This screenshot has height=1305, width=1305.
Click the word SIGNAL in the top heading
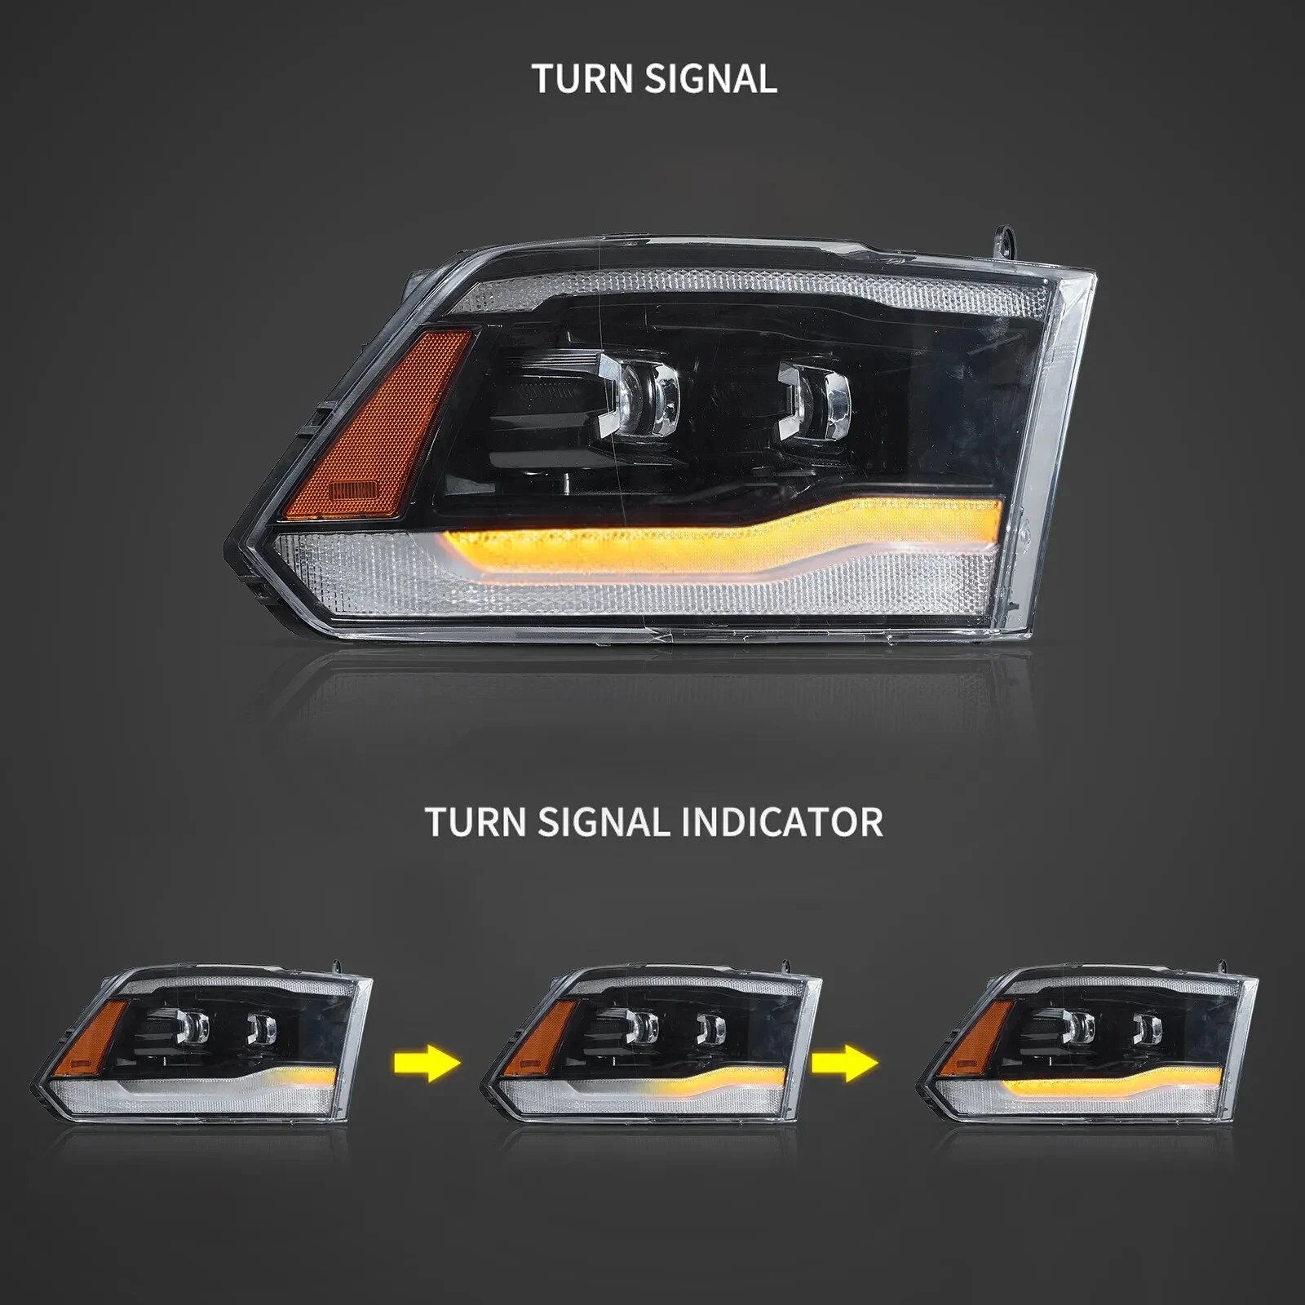tap(710, 79)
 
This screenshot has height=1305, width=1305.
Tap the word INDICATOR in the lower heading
tap(781, 821)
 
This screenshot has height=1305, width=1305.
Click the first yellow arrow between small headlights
tap(427, 1064)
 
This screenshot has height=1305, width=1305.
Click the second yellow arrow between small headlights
tap(845, 1064)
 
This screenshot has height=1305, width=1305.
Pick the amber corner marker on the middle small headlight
tap(541, 1036)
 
